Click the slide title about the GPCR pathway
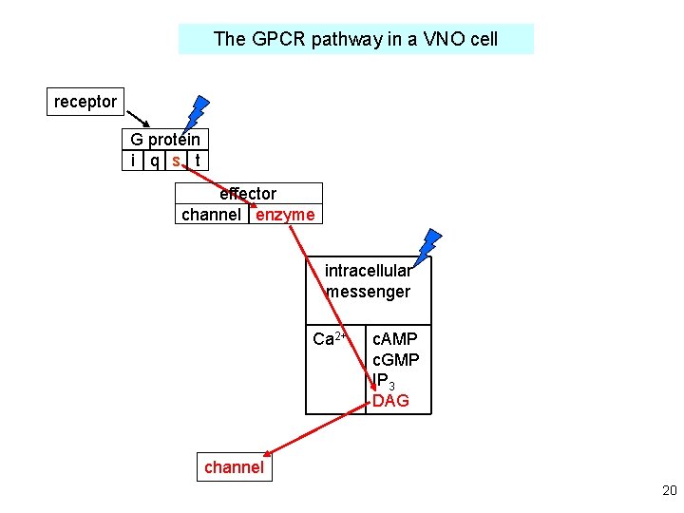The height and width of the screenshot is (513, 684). pos(355,39)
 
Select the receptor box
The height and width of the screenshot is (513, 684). pos(85,102)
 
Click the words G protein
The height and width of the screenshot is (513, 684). pos(165,140)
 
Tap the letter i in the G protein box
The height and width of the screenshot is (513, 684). pos(134,161)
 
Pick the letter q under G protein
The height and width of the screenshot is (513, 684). pos(154,161)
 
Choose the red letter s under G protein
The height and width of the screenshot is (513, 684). pos(176,161)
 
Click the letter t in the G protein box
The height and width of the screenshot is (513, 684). pos(197,161)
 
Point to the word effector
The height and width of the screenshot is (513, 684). pos(248,194)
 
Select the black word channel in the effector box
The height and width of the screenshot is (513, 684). pos(211,215)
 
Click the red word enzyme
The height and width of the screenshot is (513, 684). pos(285,215)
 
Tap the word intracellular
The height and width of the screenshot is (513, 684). pos(368,271)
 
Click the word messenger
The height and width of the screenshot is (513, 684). pos(368,292)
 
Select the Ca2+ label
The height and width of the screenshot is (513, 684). pos(332,339)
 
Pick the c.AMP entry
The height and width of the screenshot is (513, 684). pos(395,339)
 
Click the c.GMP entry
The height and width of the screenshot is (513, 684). pos(395,360)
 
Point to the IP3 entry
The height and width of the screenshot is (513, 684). pos(383,382)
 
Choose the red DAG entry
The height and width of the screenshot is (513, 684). pos(390,401)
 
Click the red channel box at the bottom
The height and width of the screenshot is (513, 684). pos(234,467)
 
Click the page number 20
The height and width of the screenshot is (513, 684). pos(669,491)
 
